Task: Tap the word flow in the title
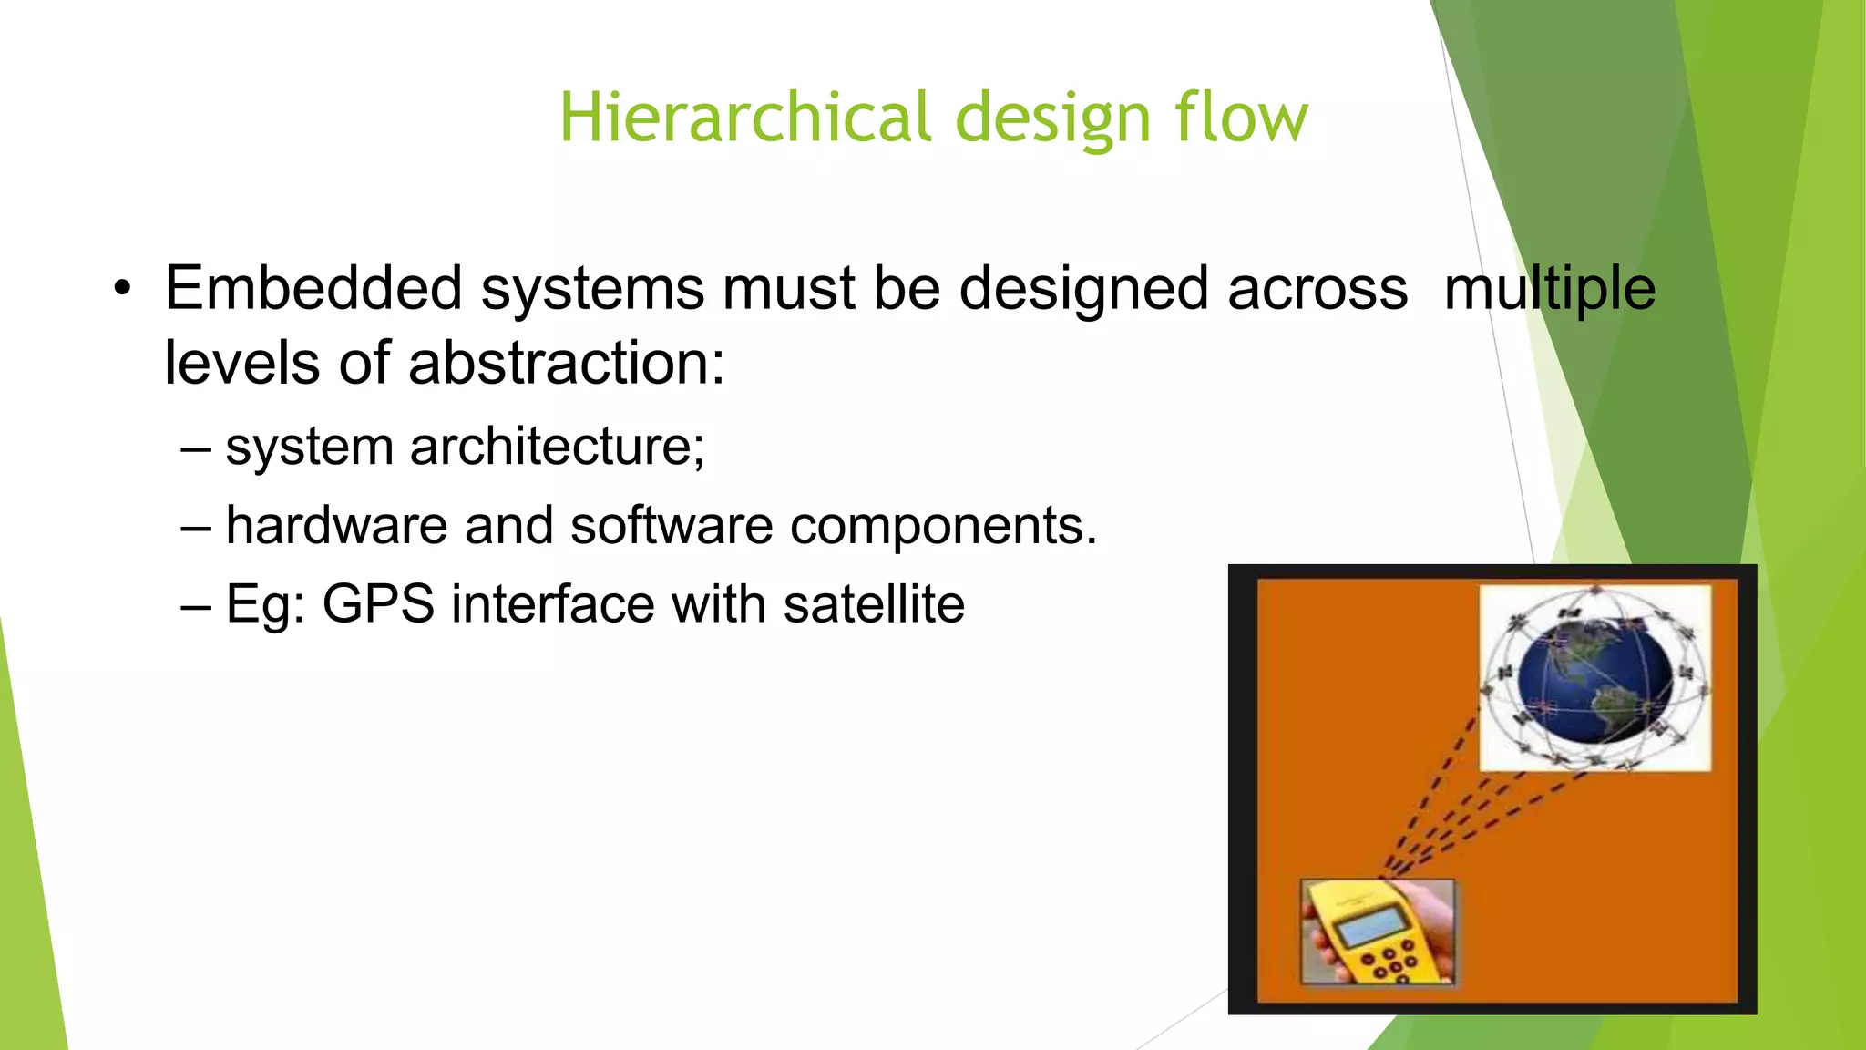(1241, 118)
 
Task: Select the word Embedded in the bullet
(313, 288)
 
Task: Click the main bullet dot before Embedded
(122, 290)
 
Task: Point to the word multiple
(1549, 290)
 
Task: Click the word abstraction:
(566, 363)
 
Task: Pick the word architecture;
(557, 447)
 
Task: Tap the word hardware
(336, 526)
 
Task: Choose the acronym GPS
(378, 604)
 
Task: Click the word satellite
(873, 604)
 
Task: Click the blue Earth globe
(1594, 679)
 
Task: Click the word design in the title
(1052, 119)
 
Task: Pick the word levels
(242, 363)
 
